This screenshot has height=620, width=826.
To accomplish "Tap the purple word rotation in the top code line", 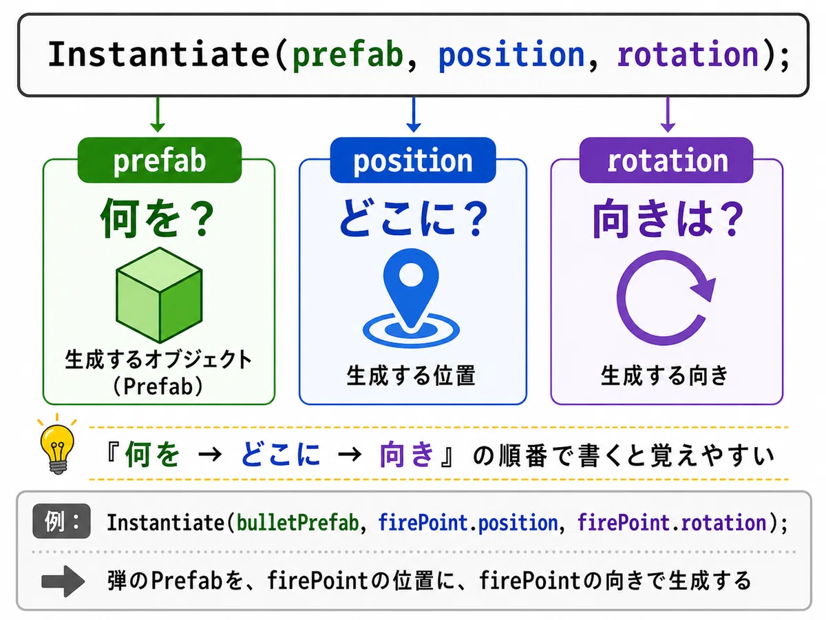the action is click(x=688, y=55).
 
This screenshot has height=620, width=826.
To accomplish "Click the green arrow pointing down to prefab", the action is click(x=158, y=114).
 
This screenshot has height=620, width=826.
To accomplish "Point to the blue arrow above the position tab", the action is click(x=414, y=114).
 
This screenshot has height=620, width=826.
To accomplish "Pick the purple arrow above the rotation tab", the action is click(x=668, y=114).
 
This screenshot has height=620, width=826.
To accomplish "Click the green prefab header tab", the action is click(x=160, y=160).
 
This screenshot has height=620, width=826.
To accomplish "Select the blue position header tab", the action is click(x=413, y=160).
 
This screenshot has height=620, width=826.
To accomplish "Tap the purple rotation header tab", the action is click(x=666, y=160).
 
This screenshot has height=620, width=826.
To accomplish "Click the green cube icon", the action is click(x=159, y=295).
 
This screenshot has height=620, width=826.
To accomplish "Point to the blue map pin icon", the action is click(x=411, y=298).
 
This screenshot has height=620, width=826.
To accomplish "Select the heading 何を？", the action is click(x=158, y=218).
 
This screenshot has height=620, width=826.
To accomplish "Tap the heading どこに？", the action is click(x=413, y=218).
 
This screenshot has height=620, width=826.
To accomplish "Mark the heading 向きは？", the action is click(x=668, y=219).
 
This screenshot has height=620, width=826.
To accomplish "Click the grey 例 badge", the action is click(x=61, y=521).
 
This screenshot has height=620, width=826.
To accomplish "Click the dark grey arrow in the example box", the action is click(x=63, y=581).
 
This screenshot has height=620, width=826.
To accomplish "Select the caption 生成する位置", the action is click(x=411, y=375).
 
